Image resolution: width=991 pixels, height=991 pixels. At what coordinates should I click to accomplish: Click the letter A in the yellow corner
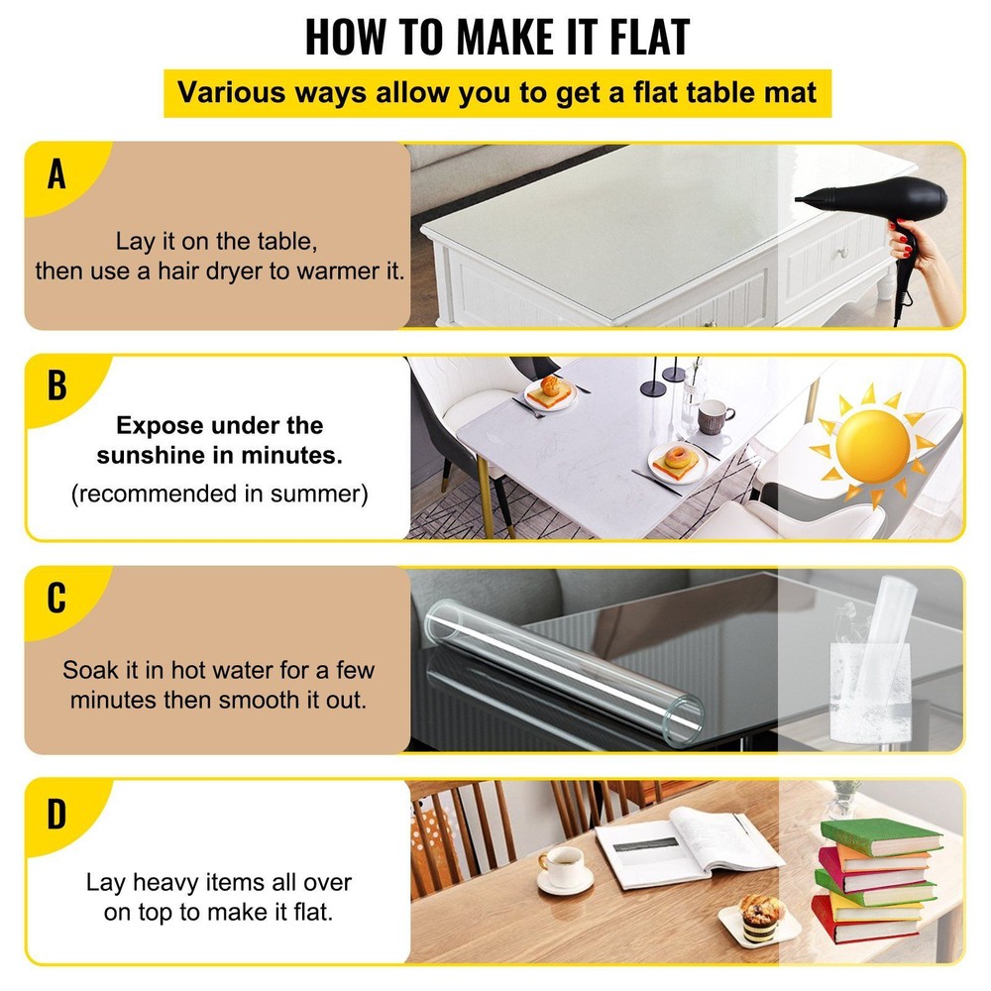[56, 174]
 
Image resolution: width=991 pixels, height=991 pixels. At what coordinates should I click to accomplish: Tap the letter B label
[56, 385]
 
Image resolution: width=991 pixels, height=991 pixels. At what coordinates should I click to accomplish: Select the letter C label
[56, 599]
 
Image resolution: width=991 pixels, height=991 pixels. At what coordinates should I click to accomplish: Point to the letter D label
[56, 814]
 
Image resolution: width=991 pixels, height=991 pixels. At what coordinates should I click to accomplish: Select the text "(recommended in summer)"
[219, 494]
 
